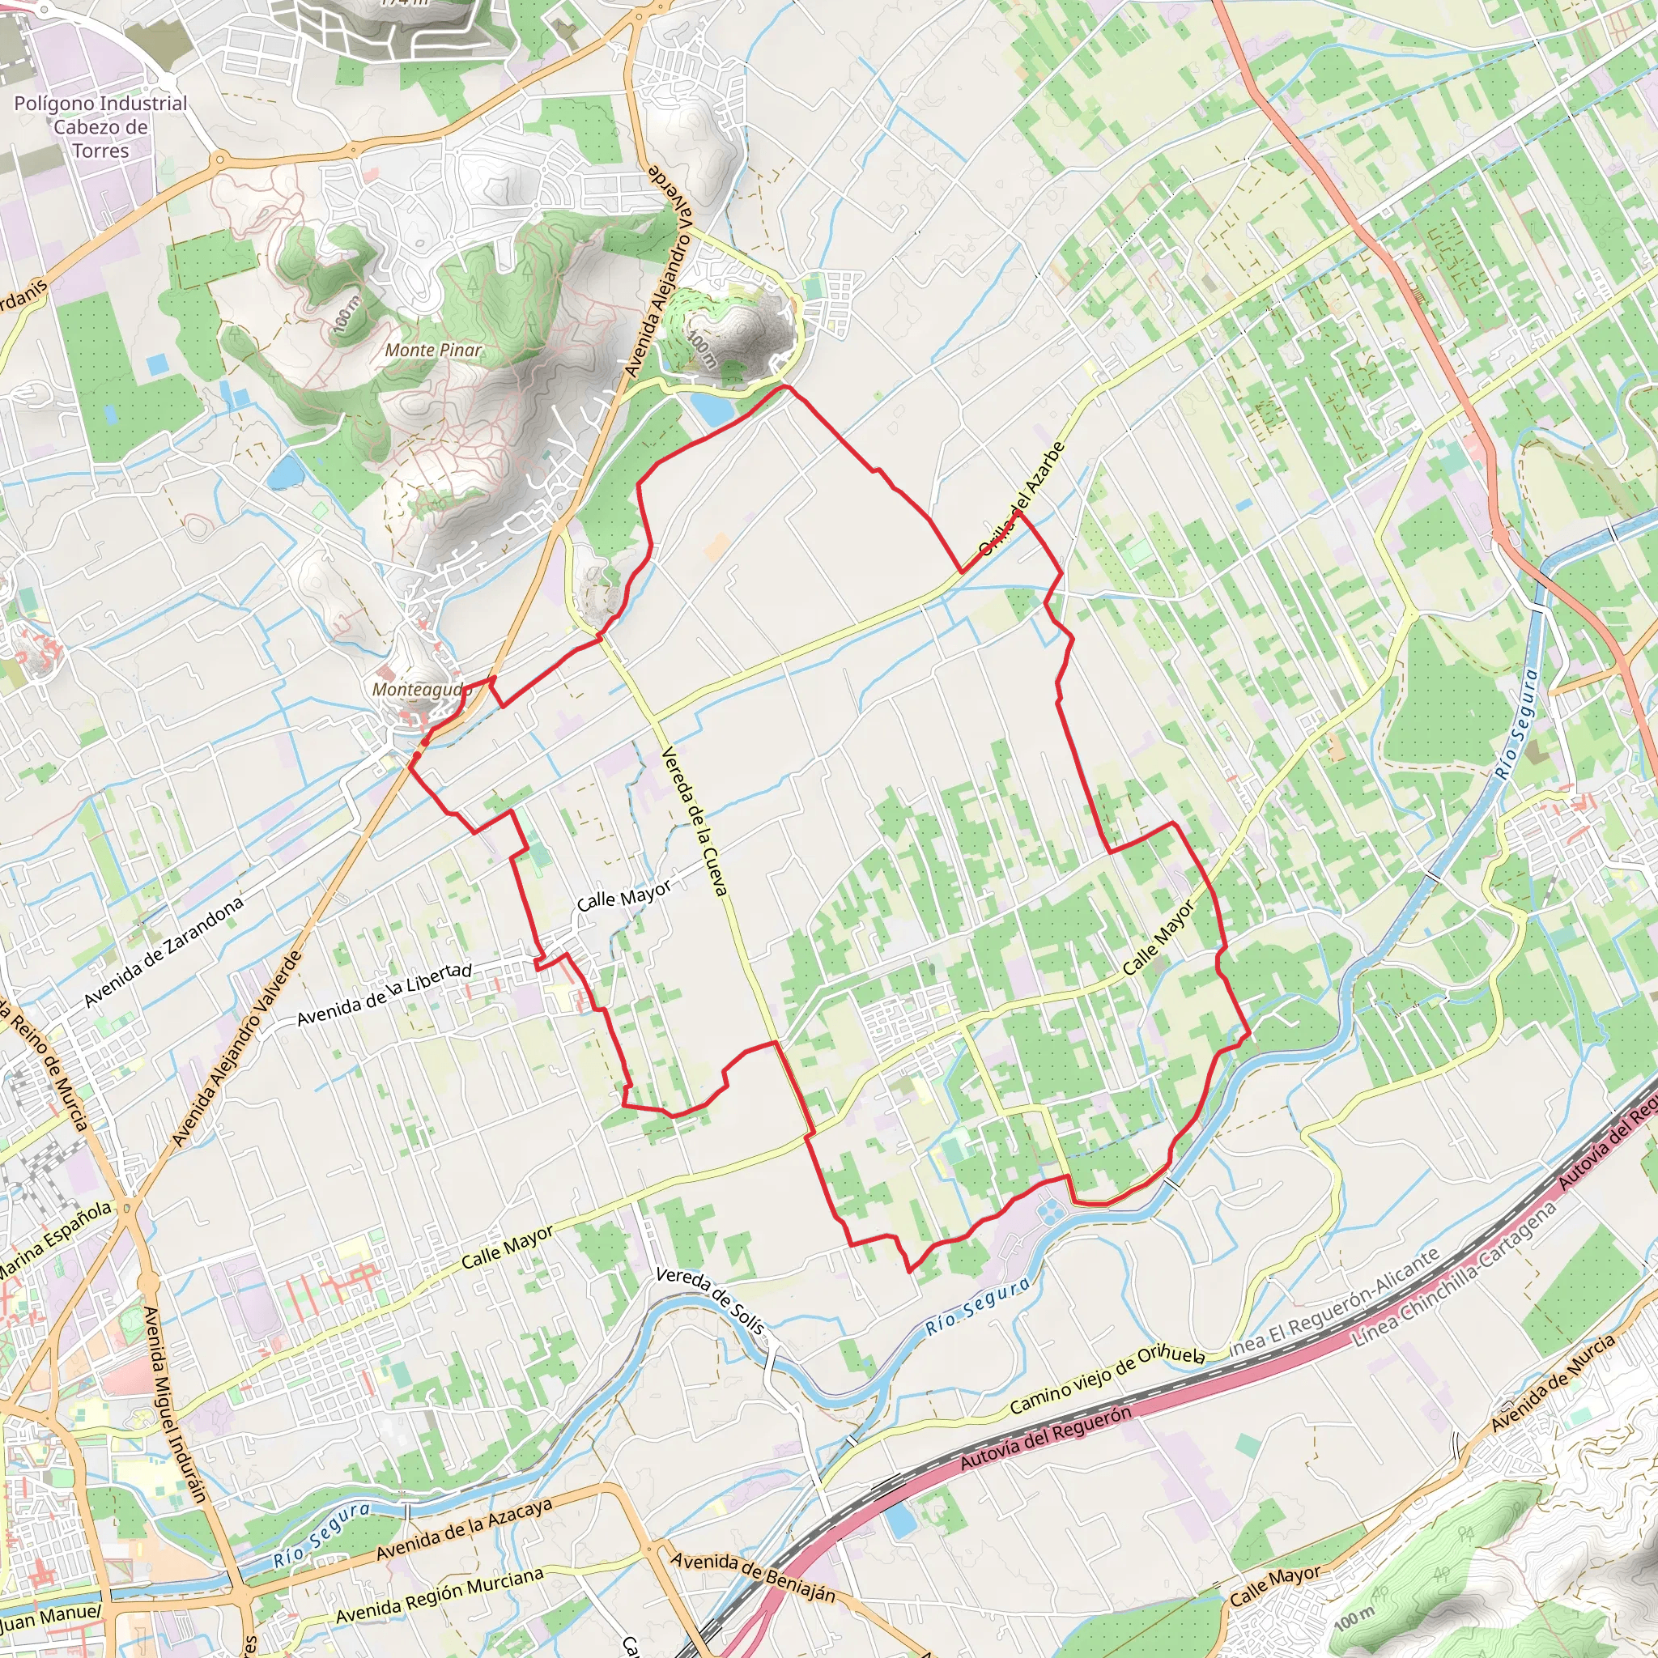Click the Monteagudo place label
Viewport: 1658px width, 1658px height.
pyautogui.click(x=421, y=689)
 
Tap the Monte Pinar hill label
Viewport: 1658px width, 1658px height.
pyautogui.click(x=433, y=350)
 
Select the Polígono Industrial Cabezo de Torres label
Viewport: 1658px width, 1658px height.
pyautogui.click(x=100, y=127)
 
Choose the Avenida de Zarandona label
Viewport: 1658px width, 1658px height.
pyautogui.click(x=164, y=952)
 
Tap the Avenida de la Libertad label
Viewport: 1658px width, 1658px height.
pyautogui.click(x=384, y=996)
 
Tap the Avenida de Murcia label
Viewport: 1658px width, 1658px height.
pyautogui.click(x=1554, y=1382)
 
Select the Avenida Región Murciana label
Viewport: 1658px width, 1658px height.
pyautogui.click(x=440, y=1595)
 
